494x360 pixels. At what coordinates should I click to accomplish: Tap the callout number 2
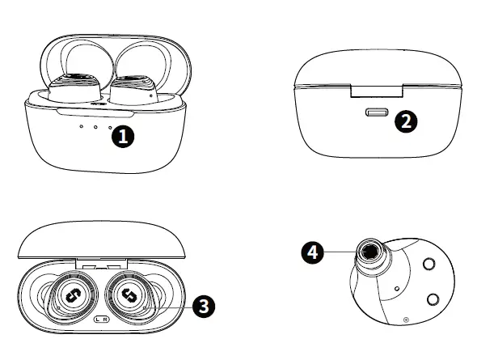coord(406,121)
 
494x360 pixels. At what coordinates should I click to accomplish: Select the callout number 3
coord(204,305)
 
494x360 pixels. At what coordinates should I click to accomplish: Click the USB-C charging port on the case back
coord(378,112)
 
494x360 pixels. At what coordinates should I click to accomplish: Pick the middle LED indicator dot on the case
coord(95,126)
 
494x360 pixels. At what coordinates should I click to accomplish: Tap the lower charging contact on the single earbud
coord(433,299)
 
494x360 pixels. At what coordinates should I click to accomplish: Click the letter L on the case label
coord(98,320)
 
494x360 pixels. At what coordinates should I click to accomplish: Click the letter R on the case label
coord(107,320)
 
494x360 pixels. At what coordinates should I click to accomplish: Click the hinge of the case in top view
coord(101,264)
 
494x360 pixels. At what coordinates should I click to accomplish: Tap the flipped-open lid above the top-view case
coord(101,239)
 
